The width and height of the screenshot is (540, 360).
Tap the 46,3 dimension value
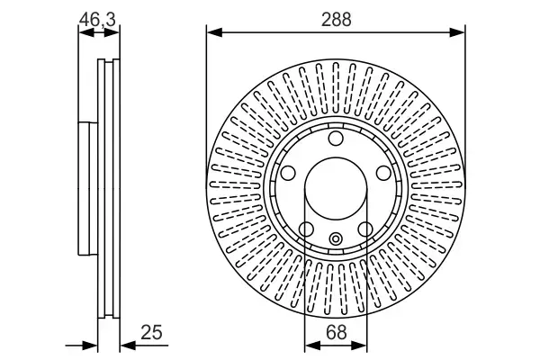tap(99, 16)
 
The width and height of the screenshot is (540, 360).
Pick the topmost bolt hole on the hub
tap(335, 139)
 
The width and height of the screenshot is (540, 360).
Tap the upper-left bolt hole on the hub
tap(289, 173)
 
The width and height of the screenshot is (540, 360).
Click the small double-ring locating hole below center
tap(335, 238)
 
